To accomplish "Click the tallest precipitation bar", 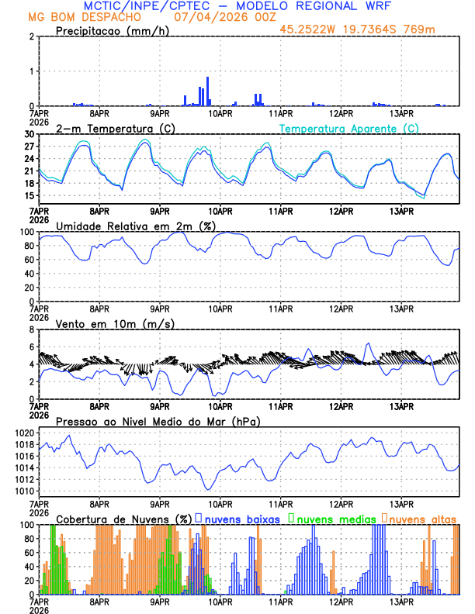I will (208, 91).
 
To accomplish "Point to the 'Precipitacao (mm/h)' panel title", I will (113, 30).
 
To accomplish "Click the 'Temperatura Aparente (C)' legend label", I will (349, 128).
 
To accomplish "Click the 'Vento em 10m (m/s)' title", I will (104, 323).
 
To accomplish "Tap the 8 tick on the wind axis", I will (32, 329).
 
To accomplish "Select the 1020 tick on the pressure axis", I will (25, 433).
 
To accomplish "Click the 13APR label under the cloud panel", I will (400, 602).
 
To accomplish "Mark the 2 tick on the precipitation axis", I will (32, 36).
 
